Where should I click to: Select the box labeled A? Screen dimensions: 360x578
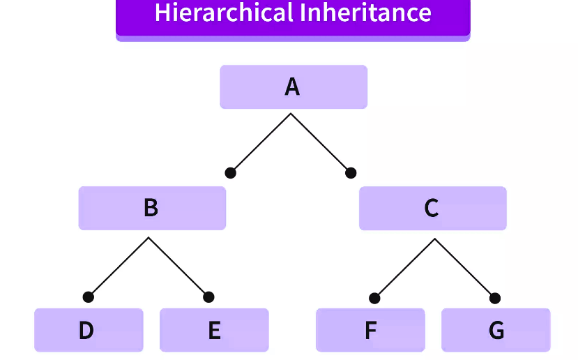pyautogui.click(x=293, y=87)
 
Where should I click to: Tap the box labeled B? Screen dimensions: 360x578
pyautogui.click(x=151, y=208)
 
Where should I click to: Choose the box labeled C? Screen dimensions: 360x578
pyautogui.click(x=432, y=208)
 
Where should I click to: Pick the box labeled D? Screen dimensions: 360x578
pyautogui.click(x=88, y=330)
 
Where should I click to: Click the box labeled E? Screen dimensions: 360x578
pyautogui.click(x=214, y=330)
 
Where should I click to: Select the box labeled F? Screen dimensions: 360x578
pyautogui.click(x=370, y=330)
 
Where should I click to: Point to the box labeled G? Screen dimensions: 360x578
pyautogui.click(x=496, y=330)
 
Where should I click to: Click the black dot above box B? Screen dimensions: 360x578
pyautogui.click(x=231, y=173)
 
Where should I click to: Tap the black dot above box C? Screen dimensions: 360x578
pyautogui.click(x=351, y=173)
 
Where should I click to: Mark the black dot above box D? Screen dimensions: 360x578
pyautogui.click(x=88, y=297)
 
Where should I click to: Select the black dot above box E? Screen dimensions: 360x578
pyautogui.click(x=208, y=297)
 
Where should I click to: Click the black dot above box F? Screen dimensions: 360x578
pyautogui.click(x=374, y=299)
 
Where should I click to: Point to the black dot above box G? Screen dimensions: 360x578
pyautogui.click(x=495, y=299)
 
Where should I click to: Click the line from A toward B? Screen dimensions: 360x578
pyautogui.click(x=261, y=143)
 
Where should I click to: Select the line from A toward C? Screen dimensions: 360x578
pyautogui.click(x=321, y=143)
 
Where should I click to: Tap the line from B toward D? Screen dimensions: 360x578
pyautogui.click(x=119, y=267)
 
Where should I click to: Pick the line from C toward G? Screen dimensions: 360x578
pyautogui.click(x=465, y=269)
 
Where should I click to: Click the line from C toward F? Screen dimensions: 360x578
pyautogui.click(x=404, y=269)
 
